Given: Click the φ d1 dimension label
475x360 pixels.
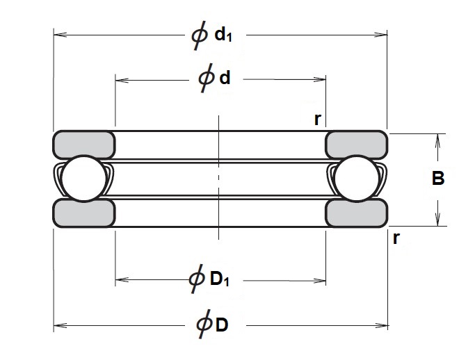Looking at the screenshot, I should pyautogui.click(x=211, y=35).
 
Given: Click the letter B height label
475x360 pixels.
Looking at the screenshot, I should pyautogui.click(x=438, y=179).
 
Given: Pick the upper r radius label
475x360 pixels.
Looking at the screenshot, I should pyautogui.click(x=317, y=119).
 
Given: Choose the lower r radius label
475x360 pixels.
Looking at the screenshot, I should pyautogui.click(x=396, y=238).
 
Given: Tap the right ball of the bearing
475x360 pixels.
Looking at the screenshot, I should pyautogui.click(x=356, y=179).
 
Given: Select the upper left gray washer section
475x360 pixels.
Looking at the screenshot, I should pyautogui.click(x=84, y=143).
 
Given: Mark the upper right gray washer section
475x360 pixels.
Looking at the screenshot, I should pyautogui.click(x=357, y=143).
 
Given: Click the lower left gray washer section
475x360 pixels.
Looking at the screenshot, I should pyautogui.click(x=84, y=213).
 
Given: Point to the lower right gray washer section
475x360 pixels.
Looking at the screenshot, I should pyautogui.click(x=357, y=213).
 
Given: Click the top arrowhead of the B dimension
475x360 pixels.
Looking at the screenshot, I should pyautogui.click(x=437, y=138).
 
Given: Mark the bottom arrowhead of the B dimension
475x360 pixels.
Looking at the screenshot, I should pyautogui.click(x=437, y=221).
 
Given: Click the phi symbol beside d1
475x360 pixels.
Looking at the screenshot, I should pyautogui.click(x=199, y=35).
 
